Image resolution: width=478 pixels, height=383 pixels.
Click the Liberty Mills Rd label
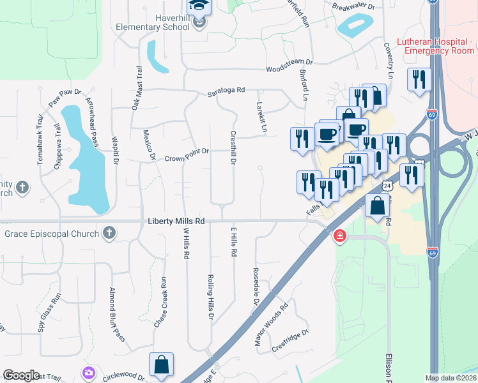[176, 221]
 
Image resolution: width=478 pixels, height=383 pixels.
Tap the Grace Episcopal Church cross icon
[109, 233]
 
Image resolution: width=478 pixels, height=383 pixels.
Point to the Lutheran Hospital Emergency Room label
[435, 46]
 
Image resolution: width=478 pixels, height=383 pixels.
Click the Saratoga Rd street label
[226, 91]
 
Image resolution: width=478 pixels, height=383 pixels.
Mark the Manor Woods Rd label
[271, 324]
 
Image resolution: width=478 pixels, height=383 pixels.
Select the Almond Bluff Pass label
[116, 313]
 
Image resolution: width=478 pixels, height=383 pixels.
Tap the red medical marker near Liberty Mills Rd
[339, 237]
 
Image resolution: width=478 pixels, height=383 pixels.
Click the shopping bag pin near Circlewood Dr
[162, 365]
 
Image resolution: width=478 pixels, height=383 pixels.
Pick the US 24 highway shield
[387, 185]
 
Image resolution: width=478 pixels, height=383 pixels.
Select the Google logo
[21, 375]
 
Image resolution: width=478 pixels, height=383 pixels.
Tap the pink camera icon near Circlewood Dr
[88, 372]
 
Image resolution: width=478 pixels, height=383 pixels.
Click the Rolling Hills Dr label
[210, 297]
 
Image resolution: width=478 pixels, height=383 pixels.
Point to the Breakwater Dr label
[352, 6]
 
